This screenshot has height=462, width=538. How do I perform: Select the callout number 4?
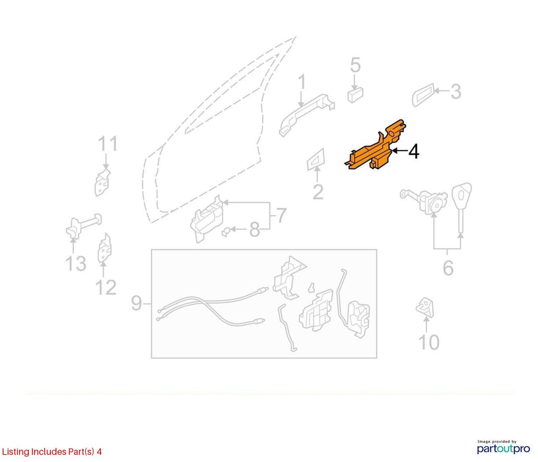(x=414, y=151)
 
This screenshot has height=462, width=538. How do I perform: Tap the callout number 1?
(x=302, y=82)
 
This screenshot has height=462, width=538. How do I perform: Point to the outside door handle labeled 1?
(x=306, y=114)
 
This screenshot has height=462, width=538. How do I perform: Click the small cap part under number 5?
(x=355, y=95)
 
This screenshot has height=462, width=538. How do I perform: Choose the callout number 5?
(x=355, y=65)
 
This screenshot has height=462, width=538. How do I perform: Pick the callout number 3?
(x=455, y=92)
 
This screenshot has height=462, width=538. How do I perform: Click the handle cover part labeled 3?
(x=423, y=94)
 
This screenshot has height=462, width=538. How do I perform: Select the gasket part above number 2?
(x=316, y=159)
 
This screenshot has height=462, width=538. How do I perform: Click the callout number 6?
(x=448, y=268)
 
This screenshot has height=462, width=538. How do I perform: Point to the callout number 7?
(x=281, y=215)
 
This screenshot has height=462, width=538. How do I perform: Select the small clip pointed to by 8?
(x=225, y=232)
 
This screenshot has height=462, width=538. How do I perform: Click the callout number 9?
(x=136, y=303)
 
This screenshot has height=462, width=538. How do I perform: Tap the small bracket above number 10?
(x=425, y=308)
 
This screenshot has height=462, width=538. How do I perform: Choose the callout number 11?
(x=108, y=144)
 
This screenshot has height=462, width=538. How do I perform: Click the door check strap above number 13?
(x=83, y=226)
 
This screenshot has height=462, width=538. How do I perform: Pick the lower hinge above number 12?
(x=105, y=248)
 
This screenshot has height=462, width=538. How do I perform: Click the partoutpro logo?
(x=504, y=447)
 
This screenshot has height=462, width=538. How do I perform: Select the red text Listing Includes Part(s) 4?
(x=51, y=451)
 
